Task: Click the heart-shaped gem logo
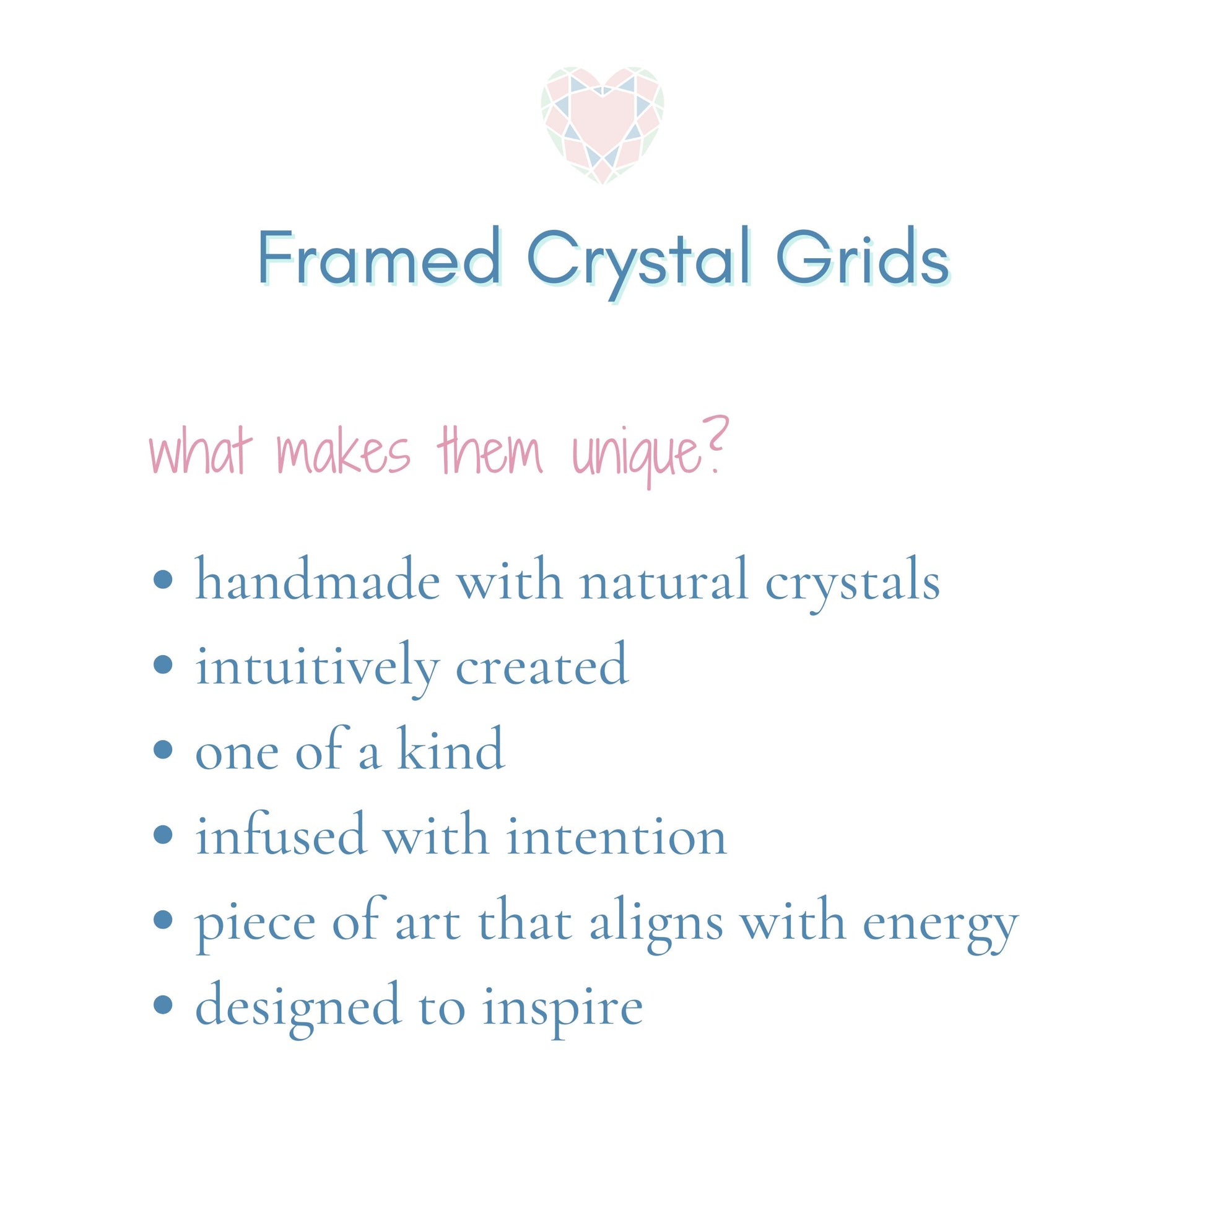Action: pyautogui.click(x=602, y=124)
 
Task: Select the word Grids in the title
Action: pyautogui.click(x=863, y=259)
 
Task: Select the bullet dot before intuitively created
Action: pyautogui.click(x=163, y=665)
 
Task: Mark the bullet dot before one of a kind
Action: pyautogui.click(x=163, y=750)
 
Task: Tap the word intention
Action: pyautogui.click(x=616, y=836)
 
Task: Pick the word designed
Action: pyautogui.click(x=297, y=1007)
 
